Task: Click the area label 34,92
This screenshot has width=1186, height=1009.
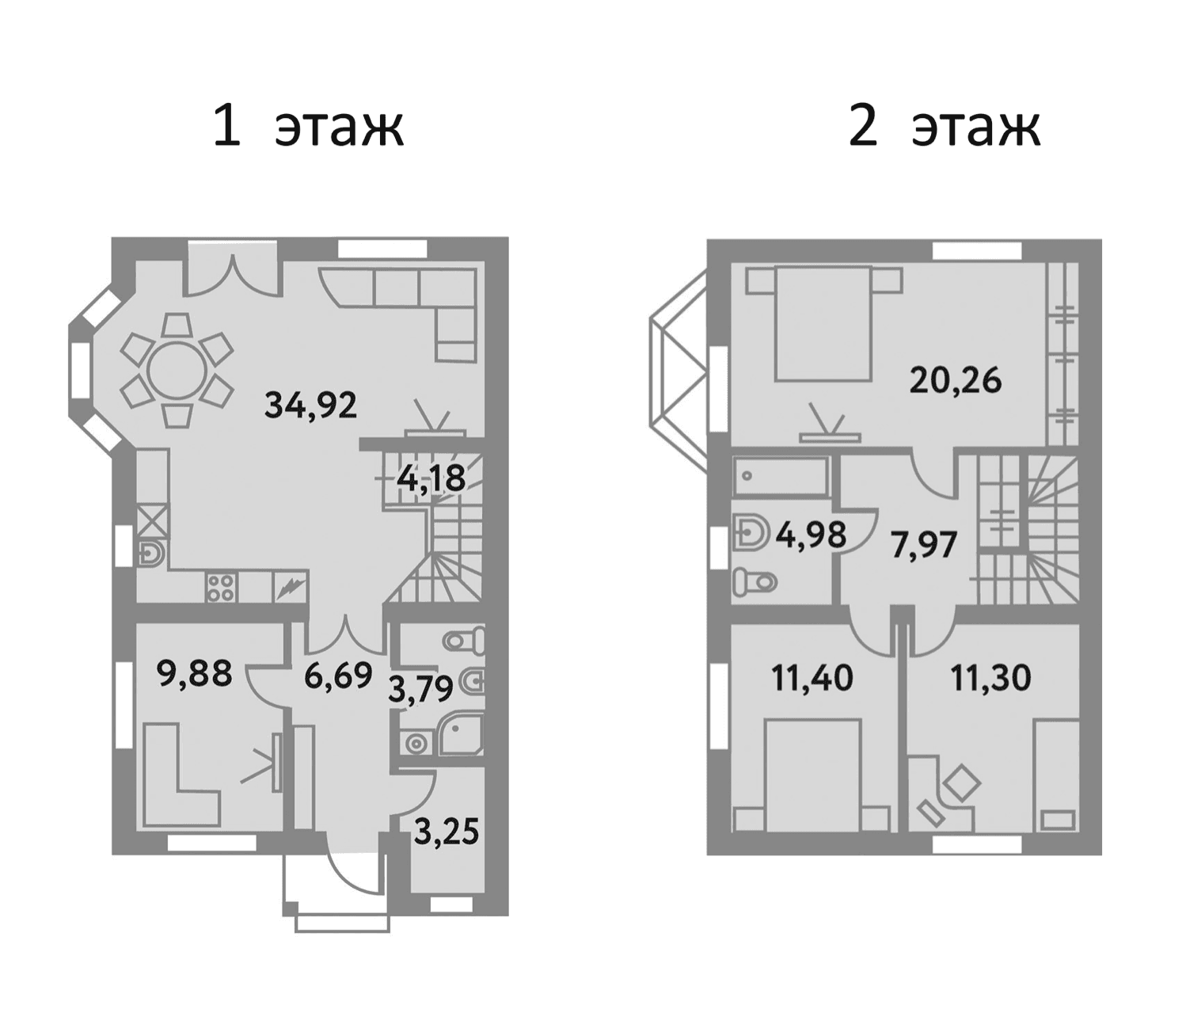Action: point(311,406)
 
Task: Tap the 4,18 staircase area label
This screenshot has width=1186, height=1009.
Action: point(431,478)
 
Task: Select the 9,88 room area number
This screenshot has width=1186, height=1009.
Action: point(195,673)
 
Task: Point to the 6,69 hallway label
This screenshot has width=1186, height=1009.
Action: point(339,676)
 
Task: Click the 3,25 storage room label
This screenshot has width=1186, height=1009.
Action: point(447,832)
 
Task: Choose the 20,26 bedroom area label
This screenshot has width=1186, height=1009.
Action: point(956,380)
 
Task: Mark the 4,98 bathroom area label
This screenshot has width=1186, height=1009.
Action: point(811,535)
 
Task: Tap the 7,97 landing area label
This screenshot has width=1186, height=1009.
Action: point(924,545)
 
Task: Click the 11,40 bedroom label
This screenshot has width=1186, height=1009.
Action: point(812,678)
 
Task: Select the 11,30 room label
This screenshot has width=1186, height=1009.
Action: point(991,678)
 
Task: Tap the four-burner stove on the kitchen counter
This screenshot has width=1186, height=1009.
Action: point(222,586)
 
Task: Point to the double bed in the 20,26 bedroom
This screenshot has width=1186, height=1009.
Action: point(823,323)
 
